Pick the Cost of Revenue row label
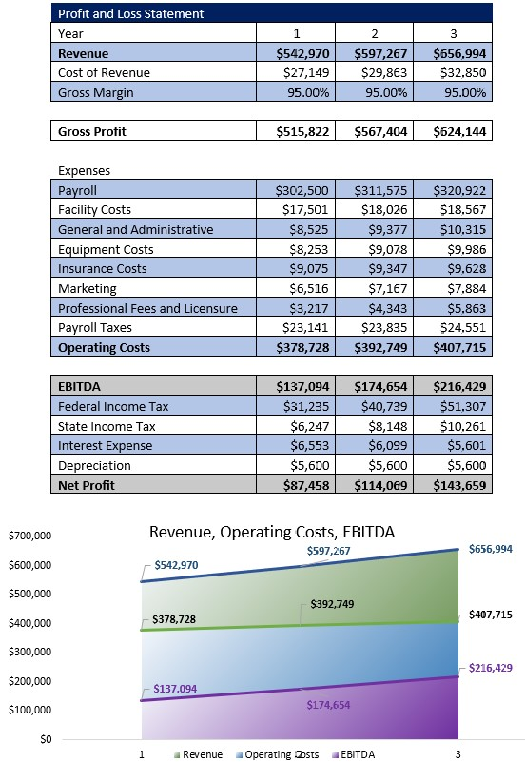click(104, 72)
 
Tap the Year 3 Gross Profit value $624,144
click(460, 131)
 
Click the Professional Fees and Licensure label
click(147, 308)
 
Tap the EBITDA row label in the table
click(80, 386)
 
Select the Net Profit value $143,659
click(460, 485)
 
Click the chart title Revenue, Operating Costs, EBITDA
click(272, 532)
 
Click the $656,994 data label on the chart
click(491, 549)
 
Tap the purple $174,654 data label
click(328, 705)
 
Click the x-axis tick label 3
click(458, 755)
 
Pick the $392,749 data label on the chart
click(332, 604)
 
